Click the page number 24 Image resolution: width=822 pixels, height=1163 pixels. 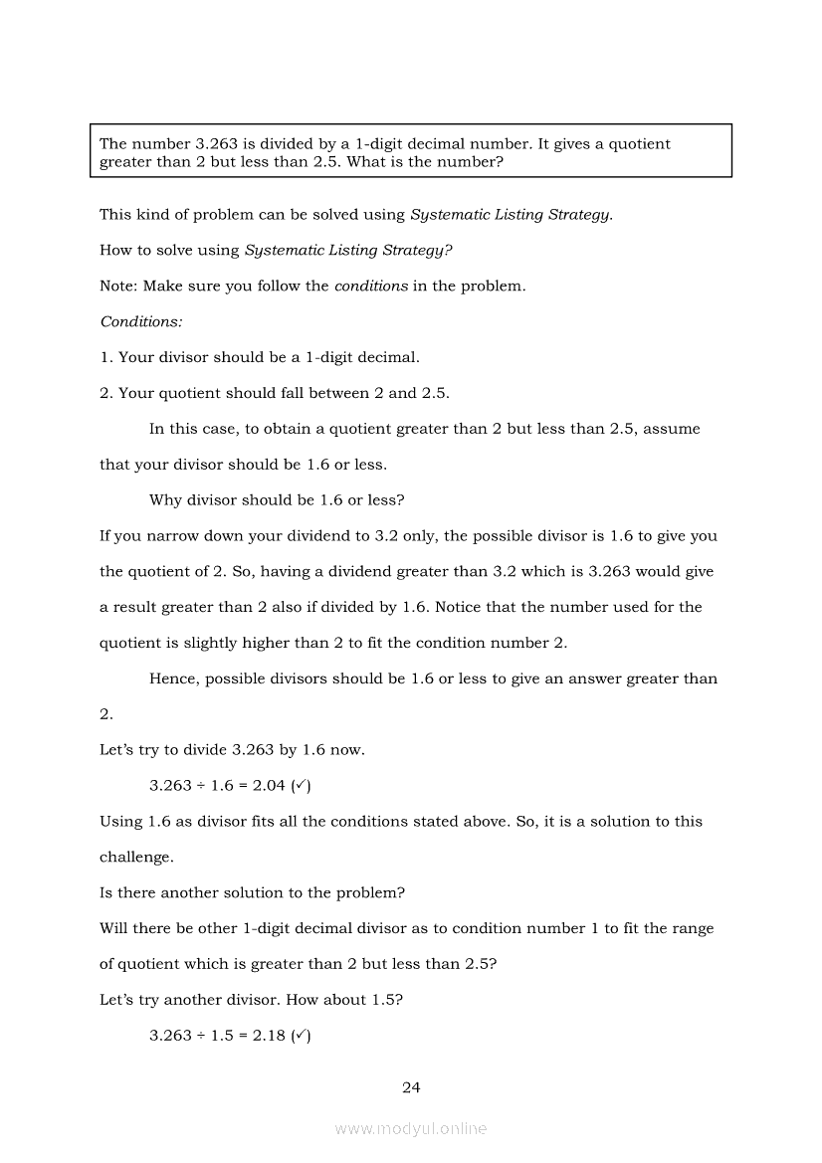click(411, 1087)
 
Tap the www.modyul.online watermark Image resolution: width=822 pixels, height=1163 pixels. click(411, 1128)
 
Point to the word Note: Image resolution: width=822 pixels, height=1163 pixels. click(119, 287)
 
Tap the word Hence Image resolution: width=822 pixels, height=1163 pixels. click(172, 678)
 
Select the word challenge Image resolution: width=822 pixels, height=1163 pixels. click(136, 857)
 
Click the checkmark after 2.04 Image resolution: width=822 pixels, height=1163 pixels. click(301, 786)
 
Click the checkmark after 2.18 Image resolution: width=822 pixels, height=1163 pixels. click(301, 1036)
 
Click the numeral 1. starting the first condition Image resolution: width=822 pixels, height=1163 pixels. click(106, 357)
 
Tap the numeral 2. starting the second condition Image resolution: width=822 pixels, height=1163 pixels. click(106, 393)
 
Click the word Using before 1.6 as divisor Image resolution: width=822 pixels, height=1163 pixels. click(120, 822)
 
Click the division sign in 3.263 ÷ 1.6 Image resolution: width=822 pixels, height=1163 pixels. click(201, 786)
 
